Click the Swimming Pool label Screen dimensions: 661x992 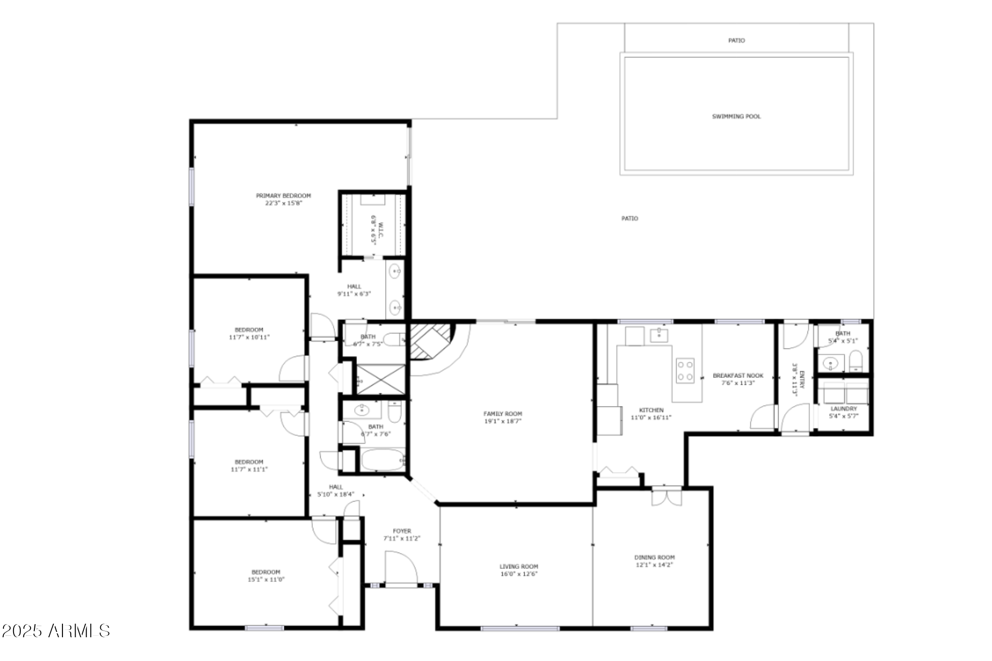pyautogui.click(x=736, y=116)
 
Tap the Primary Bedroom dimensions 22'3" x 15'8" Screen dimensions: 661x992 pyautogui.click(x=283, y=204)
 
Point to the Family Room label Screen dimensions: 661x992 pyautogui.click(x=502, y=414)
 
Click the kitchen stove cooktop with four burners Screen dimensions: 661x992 pyautogui.click(x=685, y=371)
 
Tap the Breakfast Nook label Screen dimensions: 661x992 pyautogui.click(x=738, y=376)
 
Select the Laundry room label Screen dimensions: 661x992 pyautogui.click(x=843, y=409)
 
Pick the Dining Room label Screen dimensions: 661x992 pyautogui.click(x=654, y=557)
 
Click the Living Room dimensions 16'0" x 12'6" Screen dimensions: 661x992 pyautogui.click(x=519, y=574)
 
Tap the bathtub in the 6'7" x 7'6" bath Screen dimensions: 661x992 pyautogui.click(x=383, y=459)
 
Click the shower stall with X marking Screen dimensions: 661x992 pyautogui.click(x=381, y=379)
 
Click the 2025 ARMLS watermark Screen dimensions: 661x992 pyautogui.click(x=56, y=630)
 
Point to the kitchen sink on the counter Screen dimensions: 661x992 pyautogui.click(x=659, y=334)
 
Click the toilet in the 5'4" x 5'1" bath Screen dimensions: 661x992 pyautogui.click(x=856, y=361)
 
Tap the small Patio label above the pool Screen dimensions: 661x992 pyautogui.click(x=736, y=41)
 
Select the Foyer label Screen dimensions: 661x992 pyautogui.click(x=402, y=531)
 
